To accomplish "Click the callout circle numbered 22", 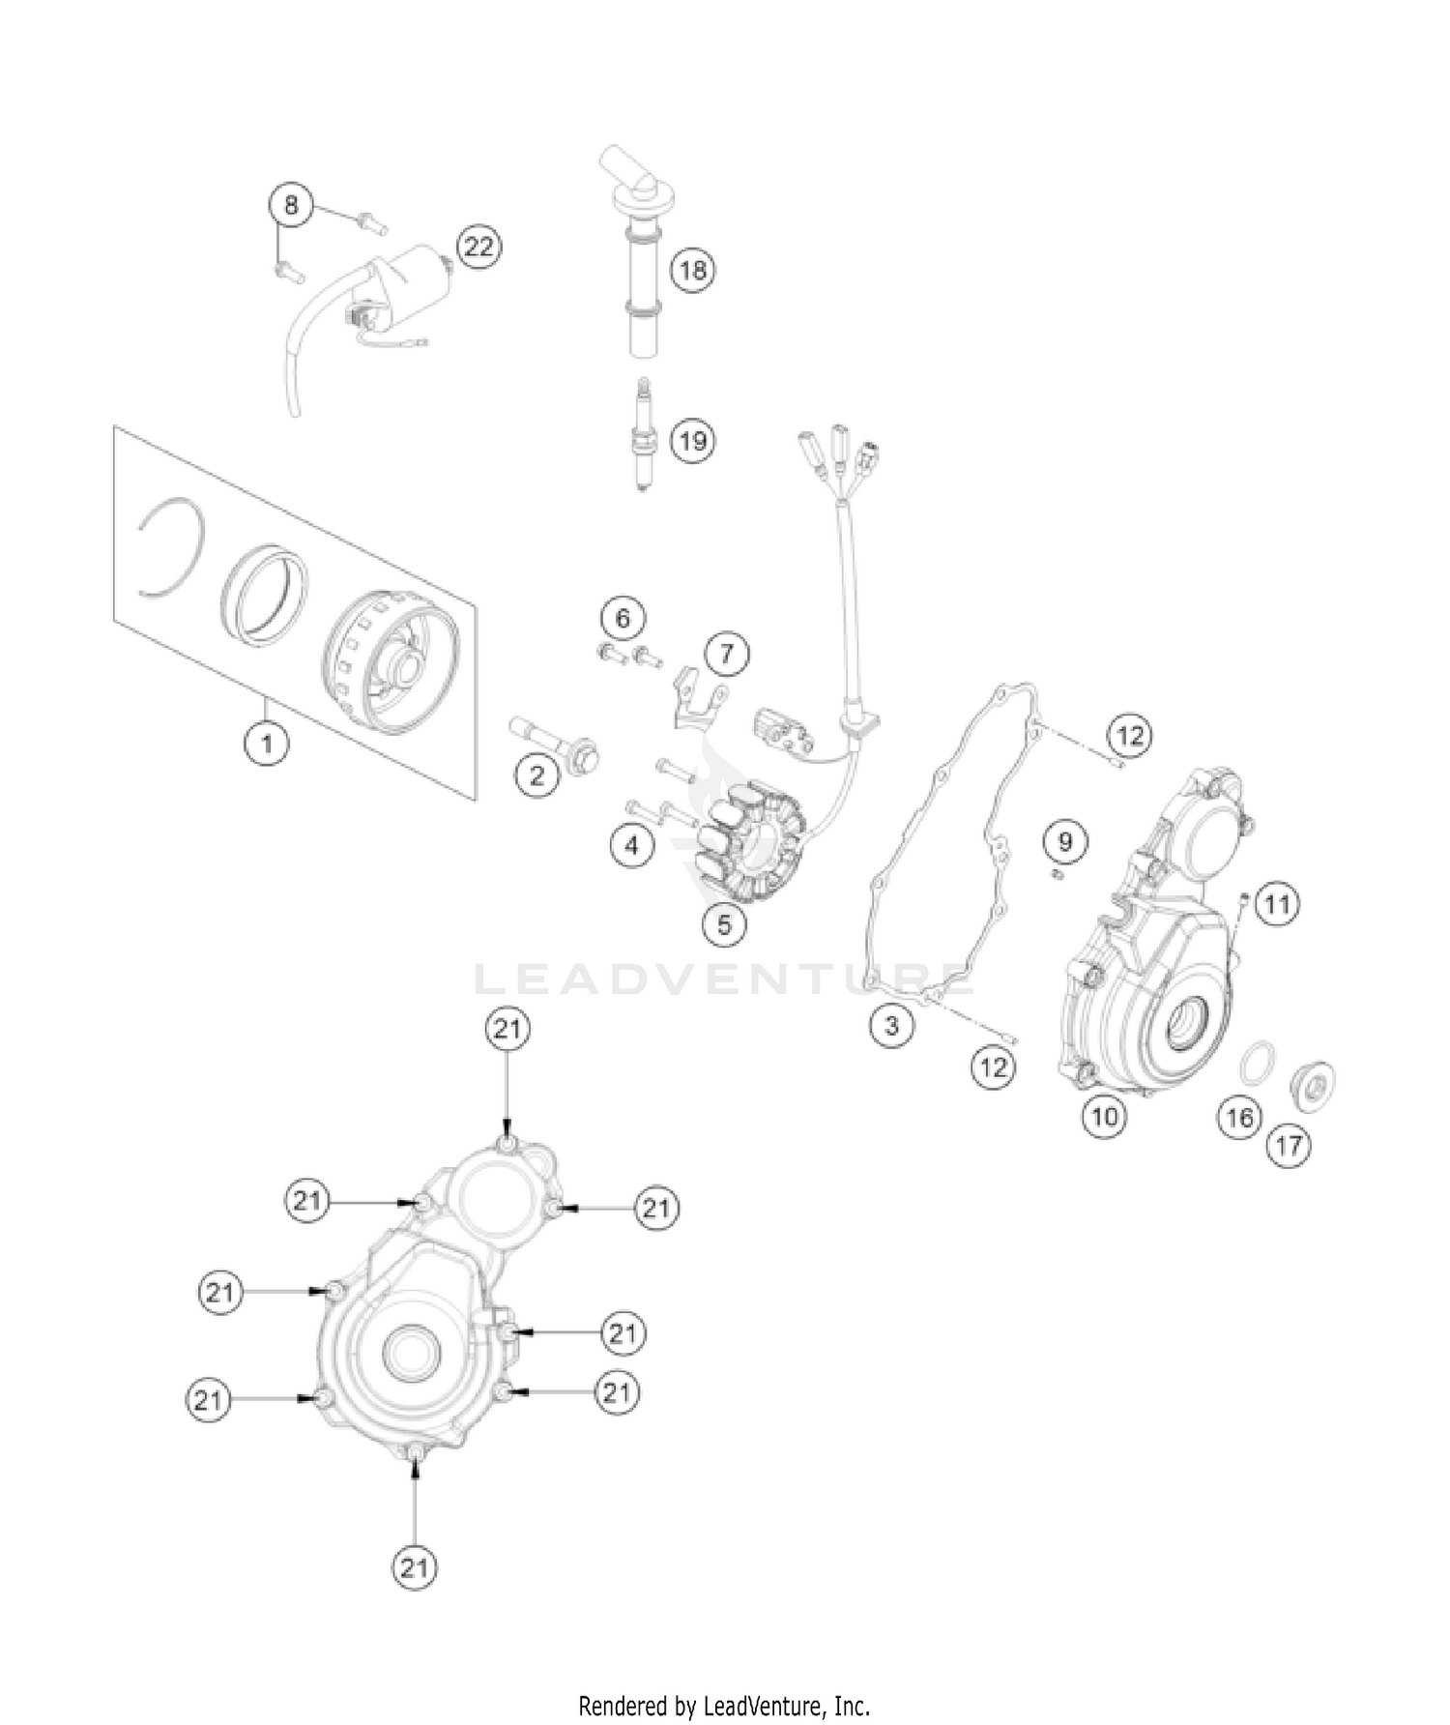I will click(x=478, y=248).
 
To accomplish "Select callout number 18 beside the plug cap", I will click(x=692, y=269).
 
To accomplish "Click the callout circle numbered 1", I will click(x=266, y=744).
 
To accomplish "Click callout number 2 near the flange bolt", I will click(x=536, y=775).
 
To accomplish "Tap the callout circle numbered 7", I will click(x=726, y=655).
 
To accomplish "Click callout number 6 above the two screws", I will click(x=623, y=617).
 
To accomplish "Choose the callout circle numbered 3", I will click(x=891, y=1025).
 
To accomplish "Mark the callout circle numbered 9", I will click(x=1064, y=841).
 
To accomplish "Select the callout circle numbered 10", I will click(x=1104, y=1116).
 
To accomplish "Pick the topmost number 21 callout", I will click(x=507, y=1029).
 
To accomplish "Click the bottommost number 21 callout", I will click(x=414, y=1566).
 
